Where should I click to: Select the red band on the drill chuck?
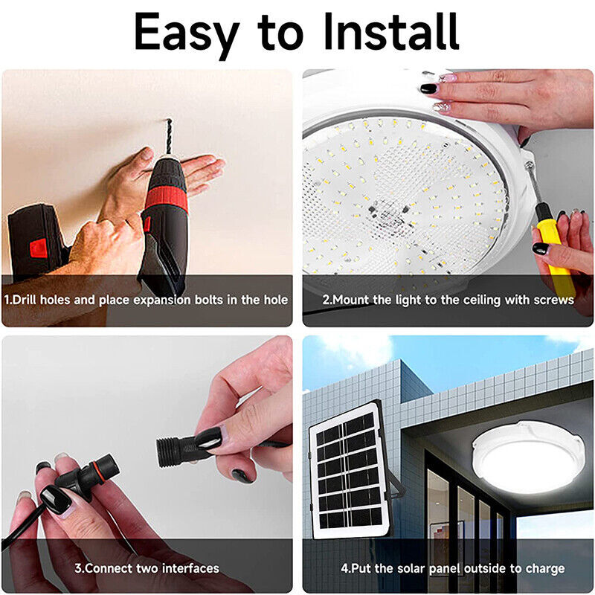click(166, 199)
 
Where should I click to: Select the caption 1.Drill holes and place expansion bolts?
click(147, 300)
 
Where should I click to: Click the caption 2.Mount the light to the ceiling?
click(448, 300)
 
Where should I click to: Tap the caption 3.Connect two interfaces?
click(147, 567)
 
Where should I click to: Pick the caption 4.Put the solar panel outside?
click(452, 567)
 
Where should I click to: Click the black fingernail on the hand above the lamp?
click(428, 88)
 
